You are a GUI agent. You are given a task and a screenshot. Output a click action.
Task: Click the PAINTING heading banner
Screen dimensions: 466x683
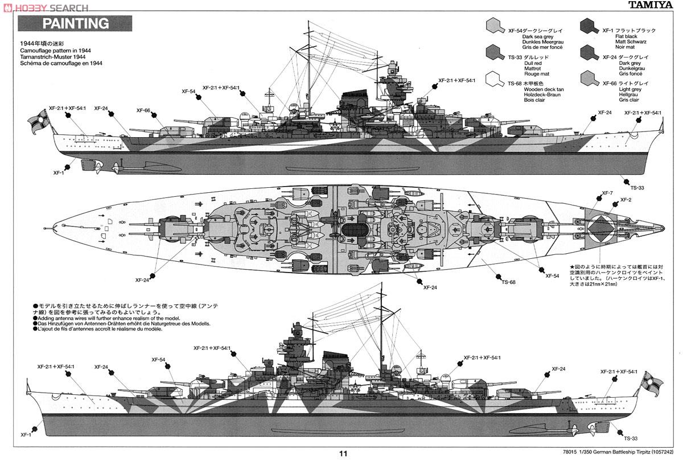click(x=76, y=23)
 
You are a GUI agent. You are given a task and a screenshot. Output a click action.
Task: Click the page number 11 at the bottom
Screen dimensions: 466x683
click(x=343, y=453)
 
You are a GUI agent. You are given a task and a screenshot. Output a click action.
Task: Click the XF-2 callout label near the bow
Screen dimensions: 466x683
click(x=626, y=200)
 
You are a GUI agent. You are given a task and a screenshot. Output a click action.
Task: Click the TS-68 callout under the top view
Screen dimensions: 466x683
click(x=508, y=282)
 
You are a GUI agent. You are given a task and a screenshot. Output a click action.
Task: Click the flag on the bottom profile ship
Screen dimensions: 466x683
click(x=649, y=382)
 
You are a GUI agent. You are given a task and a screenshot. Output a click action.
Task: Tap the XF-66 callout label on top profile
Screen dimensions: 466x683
click(x=143, y=110)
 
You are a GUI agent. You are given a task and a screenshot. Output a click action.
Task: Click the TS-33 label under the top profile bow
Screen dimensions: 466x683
click(x=637, y=187)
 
